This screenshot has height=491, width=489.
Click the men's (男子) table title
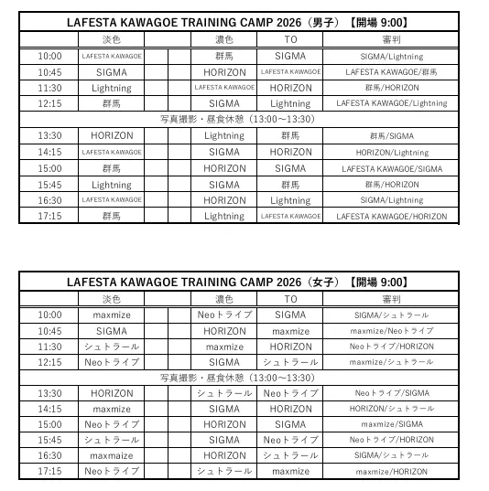click(237, 22)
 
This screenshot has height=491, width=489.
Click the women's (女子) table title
click(237, 282)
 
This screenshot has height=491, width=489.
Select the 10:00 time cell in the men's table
click(50, 56)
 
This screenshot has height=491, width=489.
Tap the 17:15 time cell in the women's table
click(50, 471)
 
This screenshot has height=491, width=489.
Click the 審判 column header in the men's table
click(391, 40)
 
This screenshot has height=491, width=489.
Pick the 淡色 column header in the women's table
click(112, 299)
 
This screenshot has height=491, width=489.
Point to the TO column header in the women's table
click(290, 299)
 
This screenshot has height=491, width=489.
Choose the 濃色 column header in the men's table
click(224, 40)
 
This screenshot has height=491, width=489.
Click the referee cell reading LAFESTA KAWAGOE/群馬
click(391, 72)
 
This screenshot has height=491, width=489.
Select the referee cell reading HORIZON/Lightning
click(391, 153)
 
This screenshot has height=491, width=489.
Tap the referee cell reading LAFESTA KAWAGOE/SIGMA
click(391, 169)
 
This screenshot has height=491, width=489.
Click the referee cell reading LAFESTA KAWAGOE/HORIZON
click(391, 217)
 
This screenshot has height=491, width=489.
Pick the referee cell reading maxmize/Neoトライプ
click(391, 331)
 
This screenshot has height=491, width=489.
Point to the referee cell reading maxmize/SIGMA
click(391, 424)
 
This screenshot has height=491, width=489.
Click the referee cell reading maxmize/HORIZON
click(391, 472)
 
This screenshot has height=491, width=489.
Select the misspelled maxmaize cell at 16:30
click(112, 455)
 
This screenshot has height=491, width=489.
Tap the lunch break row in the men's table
click(237, 120)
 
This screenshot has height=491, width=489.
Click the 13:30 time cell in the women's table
click(50, 393)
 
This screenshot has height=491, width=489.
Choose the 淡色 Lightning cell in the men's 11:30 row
click(112, 89)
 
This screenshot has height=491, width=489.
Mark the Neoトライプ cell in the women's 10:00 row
click(224, 315)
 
